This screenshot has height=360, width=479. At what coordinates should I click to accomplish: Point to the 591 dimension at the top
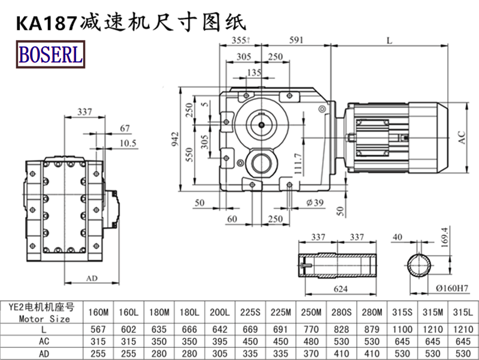[x=296, y=40]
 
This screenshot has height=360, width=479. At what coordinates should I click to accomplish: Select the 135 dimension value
[x=254, y=72]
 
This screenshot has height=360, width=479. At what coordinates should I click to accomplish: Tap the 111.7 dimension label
[x=298, y=161]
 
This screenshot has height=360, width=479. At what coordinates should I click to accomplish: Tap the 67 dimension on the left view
[x=125, y=128]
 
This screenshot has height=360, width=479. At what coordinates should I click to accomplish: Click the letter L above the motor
[x=390, y=40]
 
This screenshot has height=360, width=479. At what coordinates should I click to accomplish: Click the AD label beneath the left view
[x=92, y=279]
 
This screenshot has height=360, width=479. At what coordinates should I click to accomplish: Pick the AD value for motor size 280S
[x=342, y=353]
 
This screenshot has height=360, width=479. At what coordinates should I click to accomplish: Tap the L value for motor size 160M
[x=99, y=329]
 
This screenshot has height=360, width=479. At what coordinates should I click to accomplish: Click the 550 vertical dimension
[x=190, y=157]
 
